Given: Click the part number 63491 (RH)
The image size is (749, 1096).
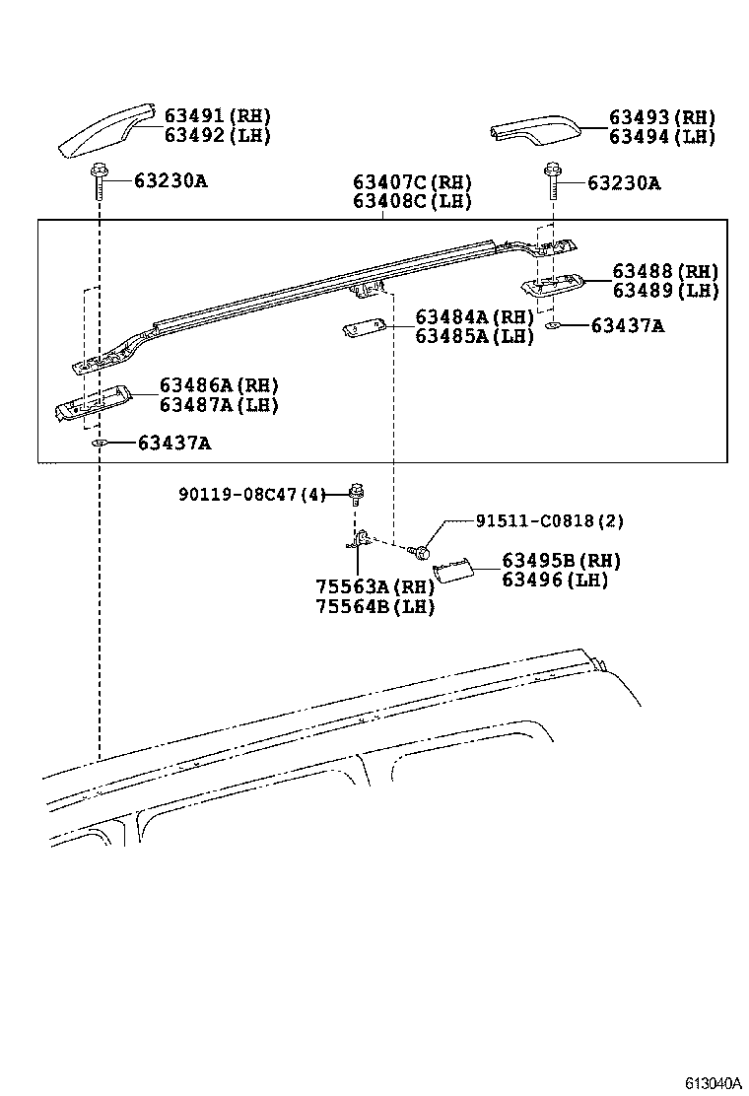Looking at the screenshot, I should pyautogui.click(x=217, y=116).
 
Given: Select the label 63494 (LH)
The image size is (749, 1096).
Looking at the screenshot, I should pyautogui.click(x=661, y=137).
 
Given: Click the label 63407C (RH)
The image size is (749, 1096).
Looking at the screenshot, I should pyautogui.click(x=412, y=182).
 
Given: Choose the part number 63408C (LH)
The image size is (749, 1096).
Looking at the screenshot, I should pyautogui.click(x=412, y=201).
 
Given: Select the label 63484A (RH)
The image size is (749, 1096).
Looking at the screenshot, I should pyautogui.click(x=474, y=317).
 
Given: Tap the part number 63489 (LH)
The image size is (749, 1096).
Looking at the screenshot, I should pyautogui.click(x=665, y=291).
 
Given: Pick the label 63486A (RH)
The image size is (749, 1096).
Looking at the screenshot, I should pyautogui.click(x=219, y=385).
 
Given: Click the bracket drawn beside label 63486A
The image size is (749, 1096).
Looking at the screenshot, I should pyautogui.click(x=92, y=401).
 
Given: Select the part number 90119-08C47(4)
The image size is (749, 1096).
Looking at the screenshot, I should pyautogui.click(x=251, y=495).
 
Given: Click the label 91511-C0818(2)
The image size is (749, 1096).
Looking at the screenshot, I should pyautogui.click(x=549, y=521).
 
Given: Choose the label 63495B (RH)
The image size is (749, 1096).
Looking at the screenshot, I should pyautogui.click(x=561, y=561).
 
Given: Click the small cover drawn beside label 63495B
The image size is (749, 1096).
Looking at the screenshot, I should pyautogui.click(x=455, y=571).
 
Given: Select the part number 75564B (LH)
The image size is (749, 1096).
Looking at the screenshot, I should pyautogui.click(x=374, y=606).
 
